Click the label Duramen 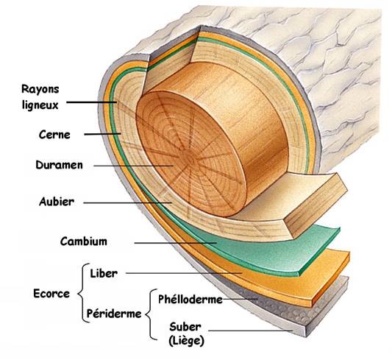coord(59,165)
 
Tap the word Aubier coord(57,202)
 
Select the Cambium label coord(84,241)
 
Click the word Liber coord(104,273)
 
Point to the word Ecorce coord(51,294)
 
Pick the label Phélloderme coord(190,299)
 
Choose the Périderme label coord(114,314)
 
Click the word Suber coord(185,327)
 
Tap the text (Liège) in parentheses coord(186,341)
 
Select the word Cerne coord(54,135)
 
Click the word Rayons coord(40,89)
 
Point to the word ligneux coord(40,105)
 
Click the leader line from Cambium coord(176,243)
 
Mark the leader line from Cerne coord(102,134)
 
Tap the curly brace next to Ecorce coord(84,293)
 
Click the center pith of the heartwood coord(189,159)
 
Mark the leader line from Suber coord(250,331)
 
